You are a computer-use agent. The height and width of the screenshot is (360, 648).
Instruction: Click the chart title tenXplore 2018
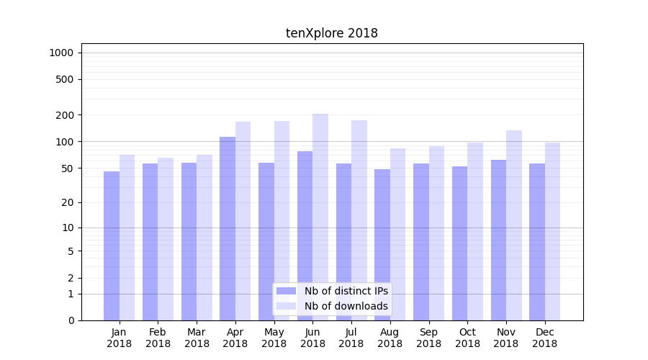(332, 33)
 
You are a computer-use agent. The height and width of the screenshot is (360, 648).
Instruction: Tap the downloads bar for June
(320, 217)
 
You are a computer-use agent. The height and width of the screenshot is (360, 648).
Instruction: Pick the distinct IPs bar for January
(112, 246)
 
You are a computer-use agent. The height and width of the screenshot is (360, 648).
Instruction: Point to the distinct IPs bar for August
(382, 245)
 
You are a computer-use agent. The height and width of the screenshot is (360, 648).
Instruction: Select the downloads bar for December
(552, 231)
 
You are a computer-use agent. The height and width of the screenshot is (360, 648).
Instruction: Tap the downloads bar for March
(204, 238)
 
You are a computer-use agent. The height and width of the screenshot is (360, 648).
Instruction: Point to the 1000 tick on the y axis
(62, 53)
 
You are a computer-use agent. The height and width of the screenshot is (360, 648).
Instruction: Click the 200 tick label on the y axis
(66, 115)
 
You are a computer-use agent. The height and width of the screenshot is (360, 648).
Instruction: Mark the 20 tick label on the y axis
(68, 202)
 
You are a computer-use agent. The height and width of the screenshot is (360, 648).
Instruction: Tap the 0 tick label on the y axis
(71, 320)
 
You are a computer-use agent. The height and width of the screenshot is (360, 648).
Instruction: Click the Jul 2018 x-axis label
(351, 338)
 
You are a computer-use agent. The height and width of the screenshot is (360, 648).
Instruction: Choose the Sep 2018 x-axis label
(428, 338)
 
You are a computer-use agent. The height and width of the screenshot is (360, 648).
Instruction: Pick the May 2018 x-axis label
(274, 338)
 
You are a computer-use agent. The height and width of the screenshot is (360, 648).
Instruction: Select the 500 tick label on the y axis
(66, 79)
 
